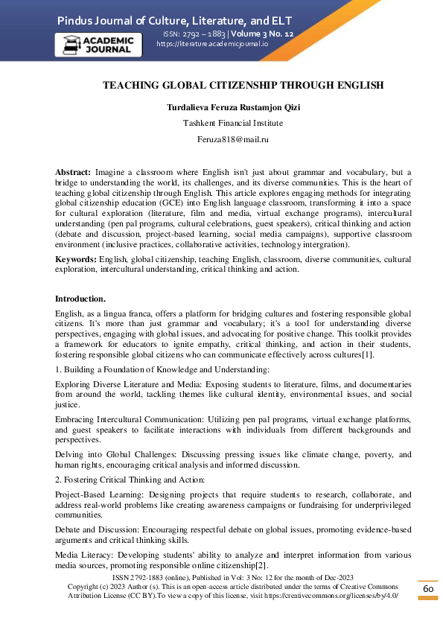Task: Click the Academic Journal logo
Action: click(98, 45)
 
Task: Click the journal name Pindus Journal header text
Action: click(173, 19)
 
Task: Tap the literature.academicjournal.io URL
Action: click(212, 45)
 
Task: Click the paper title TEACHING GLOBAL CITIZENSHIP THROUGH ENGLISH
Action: click(243, 85)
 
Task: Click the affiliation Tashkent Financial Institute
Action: click(232, 123)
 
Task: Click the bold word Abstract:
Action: click(73, 173)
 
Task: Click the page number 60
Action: click(428, 589)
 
